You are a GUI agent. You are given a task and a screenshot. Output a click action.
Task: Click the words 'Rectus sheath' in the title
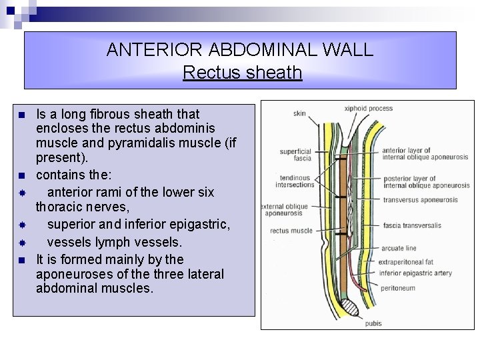click(242, 72)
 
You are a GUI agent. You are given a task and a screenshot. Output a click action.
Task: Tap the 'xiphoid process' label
click(368, 108)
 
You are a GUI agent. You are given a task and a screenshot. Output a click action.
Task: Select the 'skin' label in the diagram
click(299, 113)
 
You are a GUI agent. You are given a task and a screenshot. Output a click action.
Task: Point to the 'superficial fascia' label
click(295, 155)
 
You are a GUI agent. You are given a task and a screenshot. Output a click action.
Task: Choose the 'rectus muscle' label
click(291, 231)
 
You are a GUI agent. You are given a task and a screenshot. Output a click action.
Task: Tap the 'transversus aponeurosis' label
click(420, 200)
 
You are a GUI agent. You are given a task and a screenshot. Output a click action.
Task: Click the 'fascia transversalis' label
click(412, 225)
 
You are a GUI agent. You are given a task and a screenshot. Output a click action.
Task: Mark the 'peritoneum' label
click(398, 288)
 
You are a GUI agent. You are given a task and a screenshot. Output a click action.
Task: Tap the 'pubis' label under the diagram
click(373, 323)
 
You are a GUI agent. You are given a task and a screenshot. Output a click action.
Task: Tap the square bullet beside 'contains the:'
click(22, 176)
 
